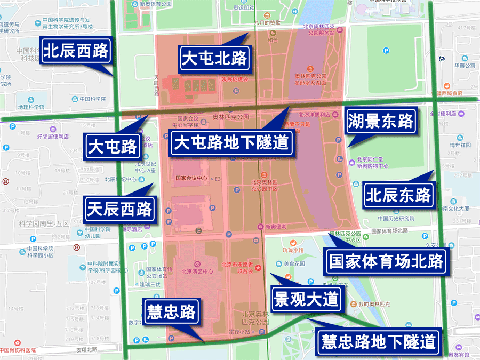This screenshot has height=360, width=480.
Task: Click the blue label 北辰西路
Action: click(76, 51)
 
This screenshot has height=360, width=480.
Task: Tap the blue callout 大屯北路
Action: click(214, 58)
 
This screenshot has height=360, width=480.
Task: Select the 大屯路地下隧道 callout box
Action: click(232, 142)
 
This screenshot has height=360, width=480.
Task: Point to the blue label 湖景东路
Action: click(381, 122)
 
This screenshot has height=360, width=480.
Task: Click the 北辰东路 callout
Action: click(398, 195)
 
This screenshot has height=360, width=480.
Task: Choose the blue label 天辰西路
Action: click(120, 209)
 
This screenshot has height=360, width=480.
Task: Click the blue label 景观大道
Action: click(306, 299)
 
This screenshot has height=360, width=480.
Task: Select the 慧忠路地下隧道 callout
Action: click(379, 341)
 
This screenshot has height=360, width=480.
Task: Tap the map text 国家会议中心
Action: click(190, 179)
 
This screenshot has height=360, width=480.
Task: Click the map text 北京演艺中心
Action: click(197, 271)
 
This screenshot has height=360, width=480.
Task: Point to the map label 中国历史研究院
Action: click(396, 218)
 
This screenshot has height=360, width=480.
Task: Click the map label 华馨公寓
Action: click(465, 66)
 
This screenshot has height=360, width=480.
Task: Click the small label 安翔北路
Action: click(86, 350)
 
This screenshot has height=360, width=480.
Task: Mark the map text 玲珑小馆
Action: click(293, 250)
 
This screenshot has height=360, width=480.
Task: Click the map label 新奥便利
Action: click(276, 226)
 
